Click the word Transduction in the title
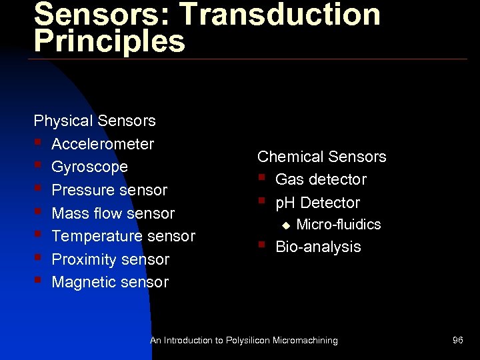(281, 15)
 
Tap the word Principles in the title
(109, 41)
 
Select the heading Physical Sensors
(95, 121)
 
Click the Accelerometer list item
(103, 144)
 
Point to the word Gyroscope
(89, 167)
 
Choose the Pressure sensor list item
(109, 190)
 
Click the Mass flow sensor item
(113, 213)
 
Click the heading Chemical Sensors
(322, 157)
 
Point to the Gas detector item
(321, 179)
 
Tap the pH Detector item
(317, 203)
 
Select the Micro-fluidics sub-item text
(339, 225)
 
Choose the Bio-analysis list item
(318, 247)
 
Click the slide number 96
(457, 340)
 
